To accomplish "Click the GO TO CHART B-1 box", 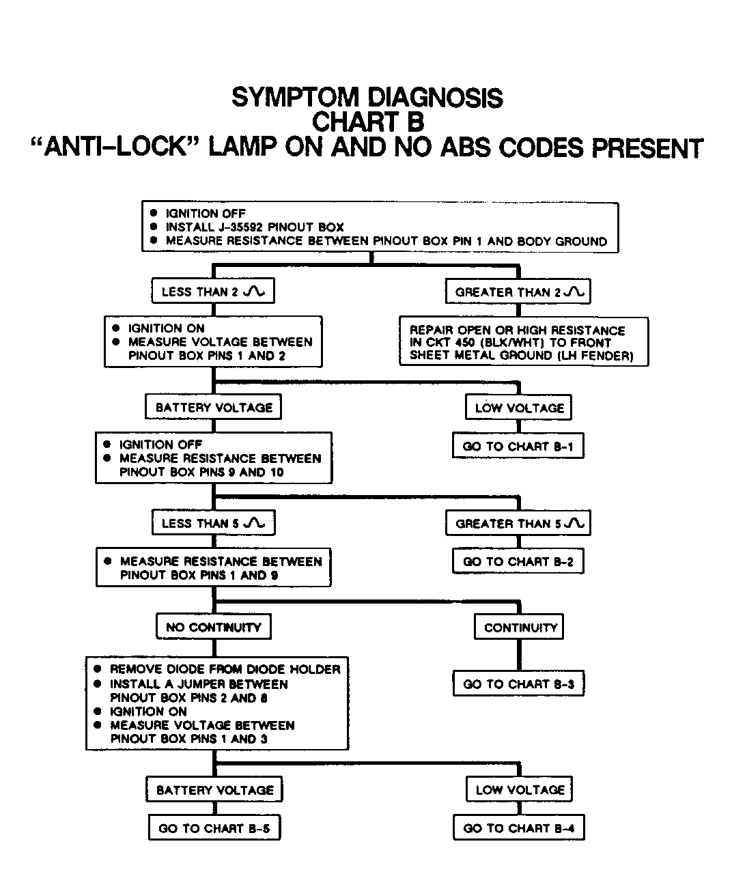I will [x=518, y=447].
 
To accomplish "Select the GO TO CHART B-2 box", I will [x=518, y=562].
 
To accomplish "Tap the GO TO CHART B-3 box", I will [x=518, y=684].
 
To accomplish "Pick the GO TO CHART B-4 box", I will [x=519, y=828].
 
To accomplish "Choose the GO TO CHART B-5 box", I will [x=214, y=828].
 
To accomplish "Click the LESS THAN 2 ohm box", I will [x=213, y=292].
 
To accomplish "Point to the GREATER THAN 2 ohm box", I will [x=518, y=292].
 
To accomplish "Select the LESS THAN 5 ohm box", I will [x=213, y=524].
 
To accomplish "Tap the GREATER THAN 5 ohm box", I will [x=518, y=524].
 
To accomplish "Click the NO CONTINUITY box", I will [x=214, y=627].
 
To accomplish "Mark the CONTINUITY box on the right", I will [x=520, y=627].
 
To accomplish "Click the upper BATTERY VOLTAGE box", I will [x=214, y=408].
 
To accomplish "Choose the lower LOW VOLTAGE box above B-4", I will [x=520, y=790].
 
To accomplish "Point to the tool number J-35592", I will [x=247, y=227].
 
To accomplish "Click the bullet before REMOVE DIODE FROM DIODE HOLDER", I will [x=98, y=669].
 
